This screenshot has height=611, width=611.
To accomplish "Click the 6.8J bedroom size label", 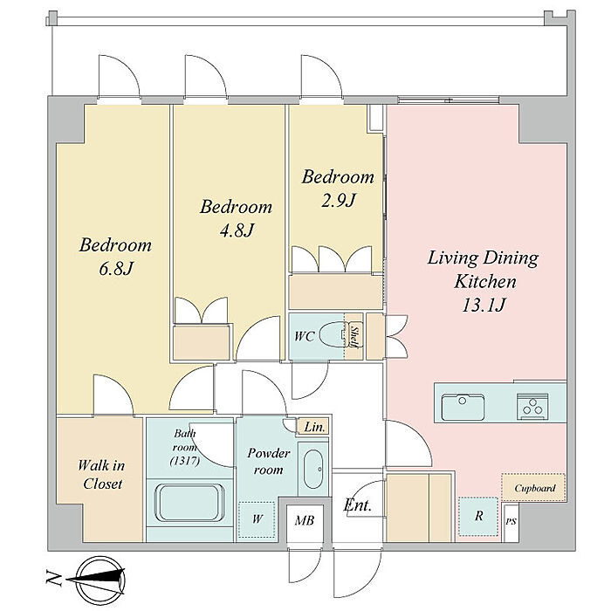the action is (116, 269).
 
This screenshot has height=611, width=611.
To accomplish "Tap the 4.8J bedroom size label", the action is (237, 230).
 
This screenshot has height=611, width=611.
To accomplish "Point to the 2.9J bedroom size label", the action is (339, 200).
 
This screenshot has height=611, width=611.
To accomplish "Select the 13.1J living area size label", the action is (484, 305).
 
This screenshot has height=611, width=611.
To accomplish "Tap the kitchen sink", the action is (463, 406).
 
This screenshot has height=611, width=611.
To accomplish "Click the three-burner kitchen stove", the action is (532, 406).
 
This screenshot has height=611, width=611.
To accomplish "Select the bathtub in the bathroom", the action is (189, 503).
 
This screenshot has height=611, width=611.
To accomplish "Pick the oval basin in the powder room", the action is (312, 470).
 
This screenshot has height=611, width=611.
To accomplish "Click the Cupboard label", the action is (534, 488).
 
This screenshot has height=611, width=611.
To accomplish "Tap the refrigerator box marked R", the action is (478, 517).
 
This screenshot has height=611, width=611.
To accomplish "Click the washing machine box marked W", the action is (257, 519).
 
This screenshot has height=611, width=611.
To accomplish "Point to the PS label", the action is (511, 521).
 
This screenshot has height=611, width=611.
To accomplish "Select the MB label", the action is (305, 520).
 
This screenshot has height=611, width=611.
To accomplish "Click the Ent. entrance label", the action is (357, 505).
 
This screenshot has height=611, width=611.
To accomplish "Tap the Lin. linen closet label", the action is (314, 427).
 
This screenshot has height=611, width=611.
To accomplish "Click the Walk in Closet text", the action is (101, 474).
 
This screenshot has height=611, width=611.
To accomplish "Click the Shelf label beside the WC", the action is (354, 336).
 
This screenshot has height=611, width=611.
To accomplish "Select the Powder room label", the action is (269, 462).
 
